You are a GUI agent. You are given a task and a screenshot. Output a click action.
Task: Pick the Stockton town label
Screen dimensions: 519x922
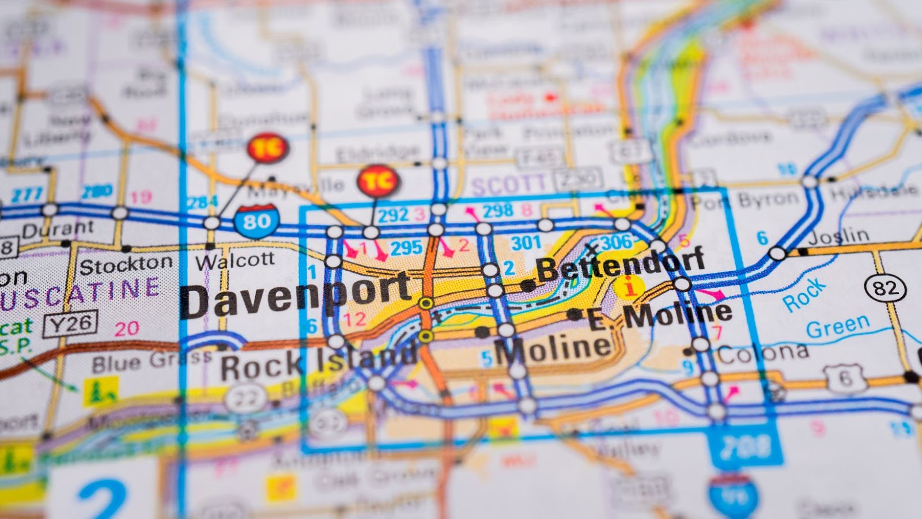pyautogui.click(x=126, y=265)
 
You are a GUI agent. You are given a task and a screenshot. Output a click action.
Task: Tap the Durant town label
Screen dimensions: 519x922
pyautogui.click(x=58, y=230)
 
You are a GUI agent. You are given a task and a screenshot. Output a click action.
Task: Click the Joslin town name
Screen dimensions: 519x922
pyautogui.click(x=838, y=236)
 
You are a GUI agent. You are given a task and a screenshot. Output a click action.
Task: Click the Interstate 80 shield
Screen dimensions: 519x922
pyautogui.click(x=257, y=221)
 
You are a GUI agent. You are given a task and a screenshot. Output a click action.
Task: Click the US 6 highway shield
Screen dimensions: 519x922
pyautogui.click(x=845, y=378)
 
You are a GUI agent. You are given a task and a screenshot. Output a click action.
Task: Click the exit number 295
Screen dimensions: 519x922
pyautogui.click(x=406, y=248)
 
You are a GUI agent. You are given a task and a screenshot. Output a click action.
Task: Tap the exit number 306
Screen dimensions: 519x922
pyautogui.click(x=615, y=242)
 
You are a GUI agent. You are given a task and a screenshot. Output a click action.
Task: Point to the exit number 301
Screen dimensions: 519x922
pyautogui.click(x=526, y=243)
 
